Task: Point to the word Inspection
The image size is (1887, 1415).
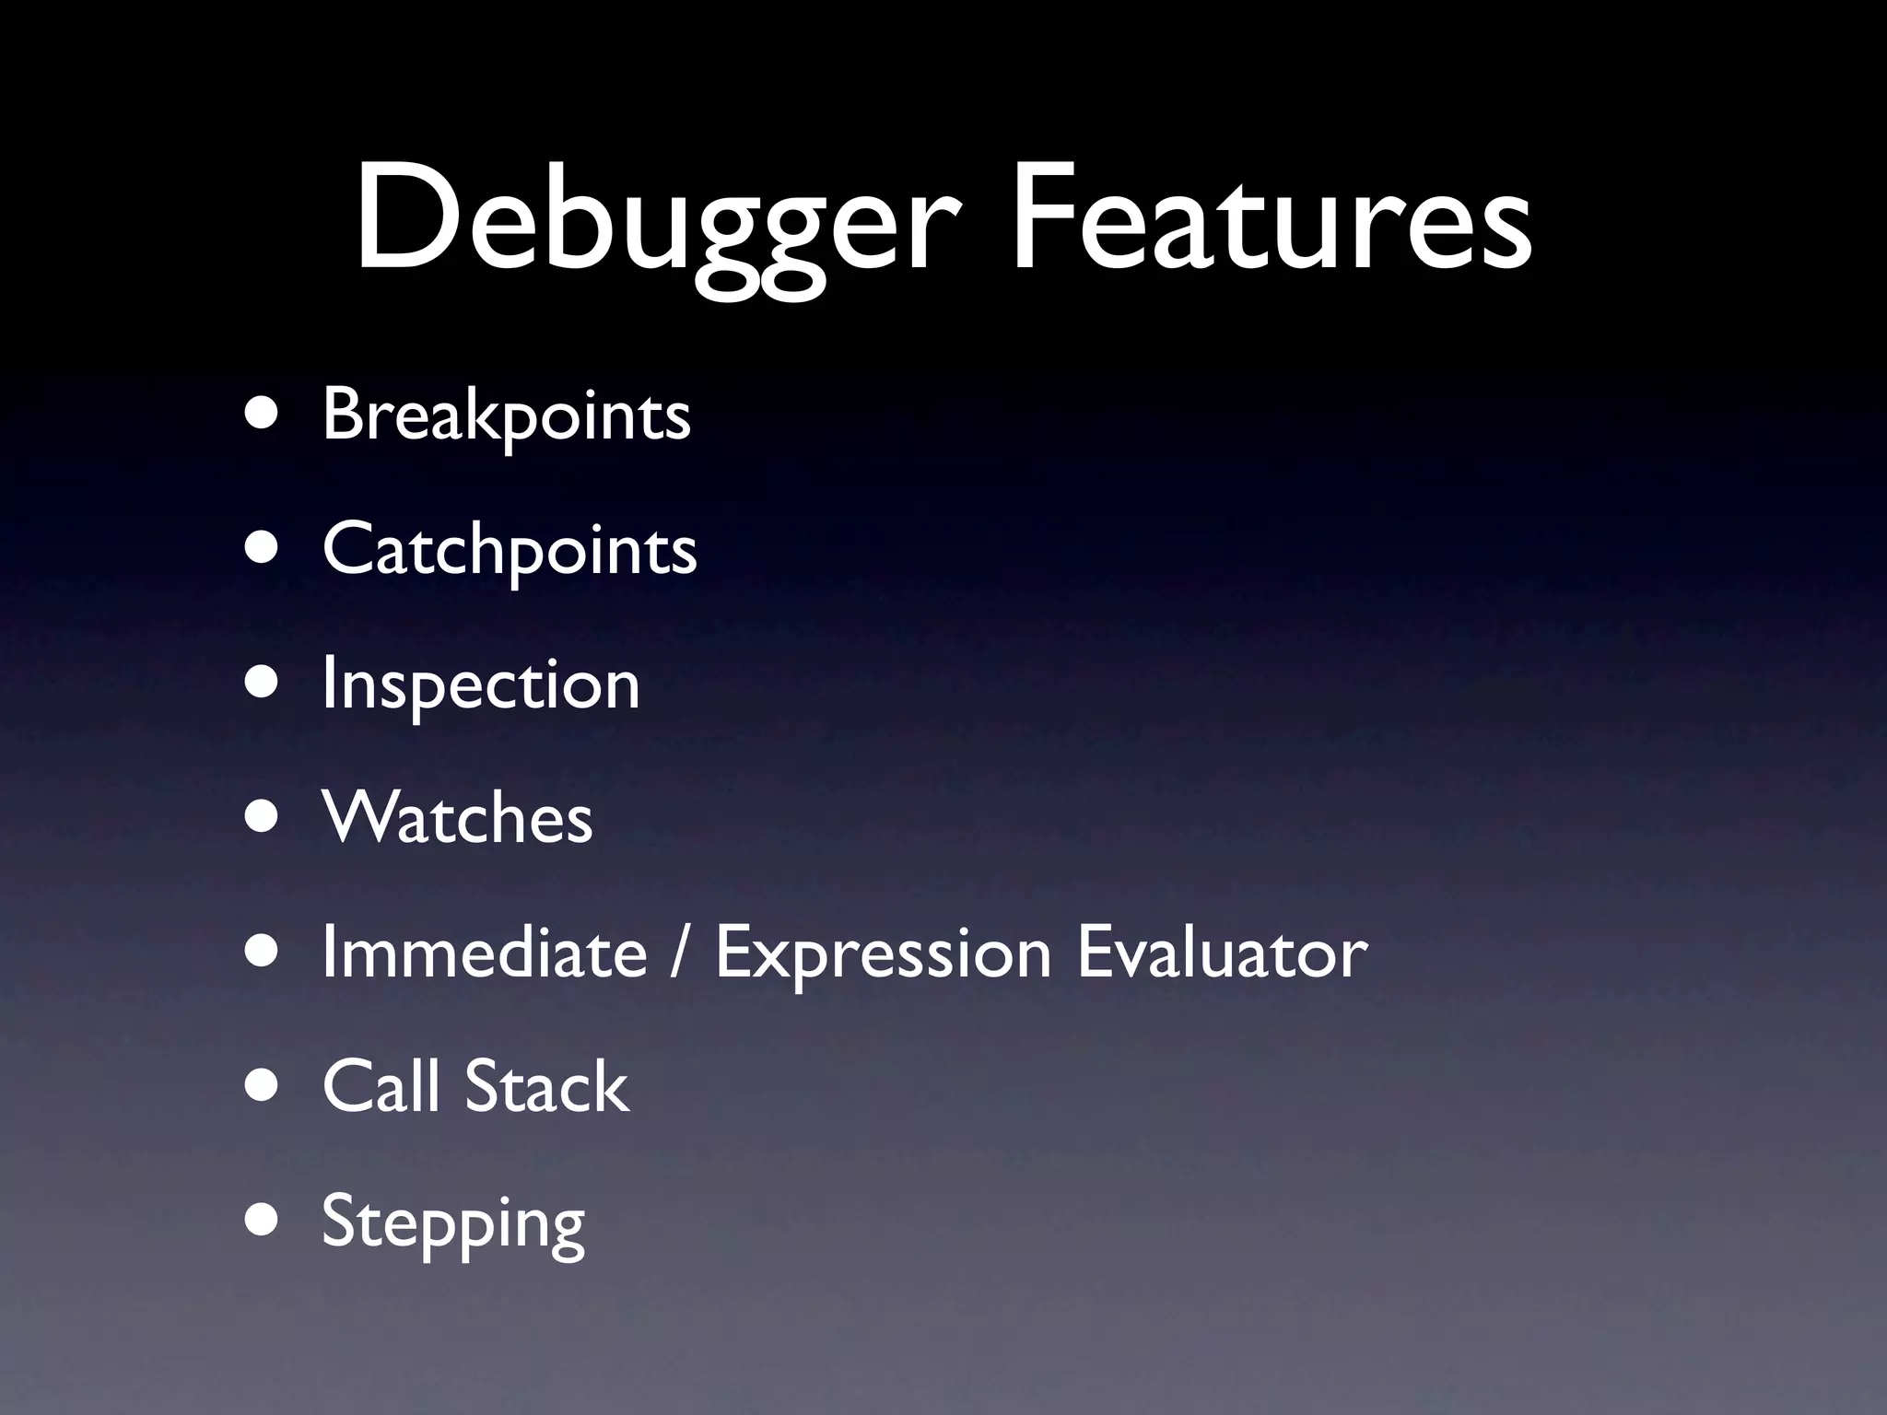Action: (480, 685)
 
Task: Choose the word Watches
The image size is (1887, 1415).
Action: (457, 818)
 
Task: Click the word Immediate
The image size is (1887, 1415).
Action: (485, 953)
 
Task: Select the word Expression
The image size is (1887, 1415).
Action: (883, 954)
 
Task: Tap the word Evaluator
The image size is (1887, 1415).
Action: (1222, 953)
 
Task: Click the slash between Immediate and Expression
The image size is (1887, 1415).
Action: (680, 954)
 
